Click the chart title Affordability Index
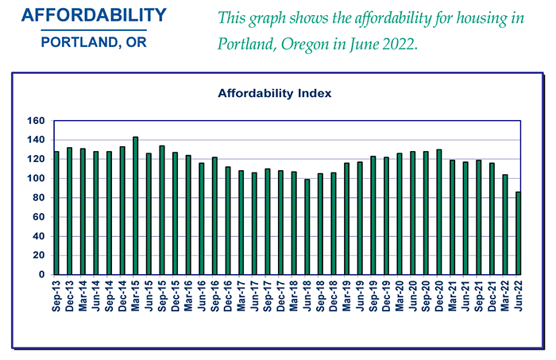[x=274, y=93]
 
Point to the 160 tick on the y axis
[x=36, y=121]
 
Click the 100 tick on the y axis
[x=36, y=179]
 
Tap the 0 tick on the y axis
[x=42, y=275]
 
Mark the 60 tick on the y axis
[x=39, y=217]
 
